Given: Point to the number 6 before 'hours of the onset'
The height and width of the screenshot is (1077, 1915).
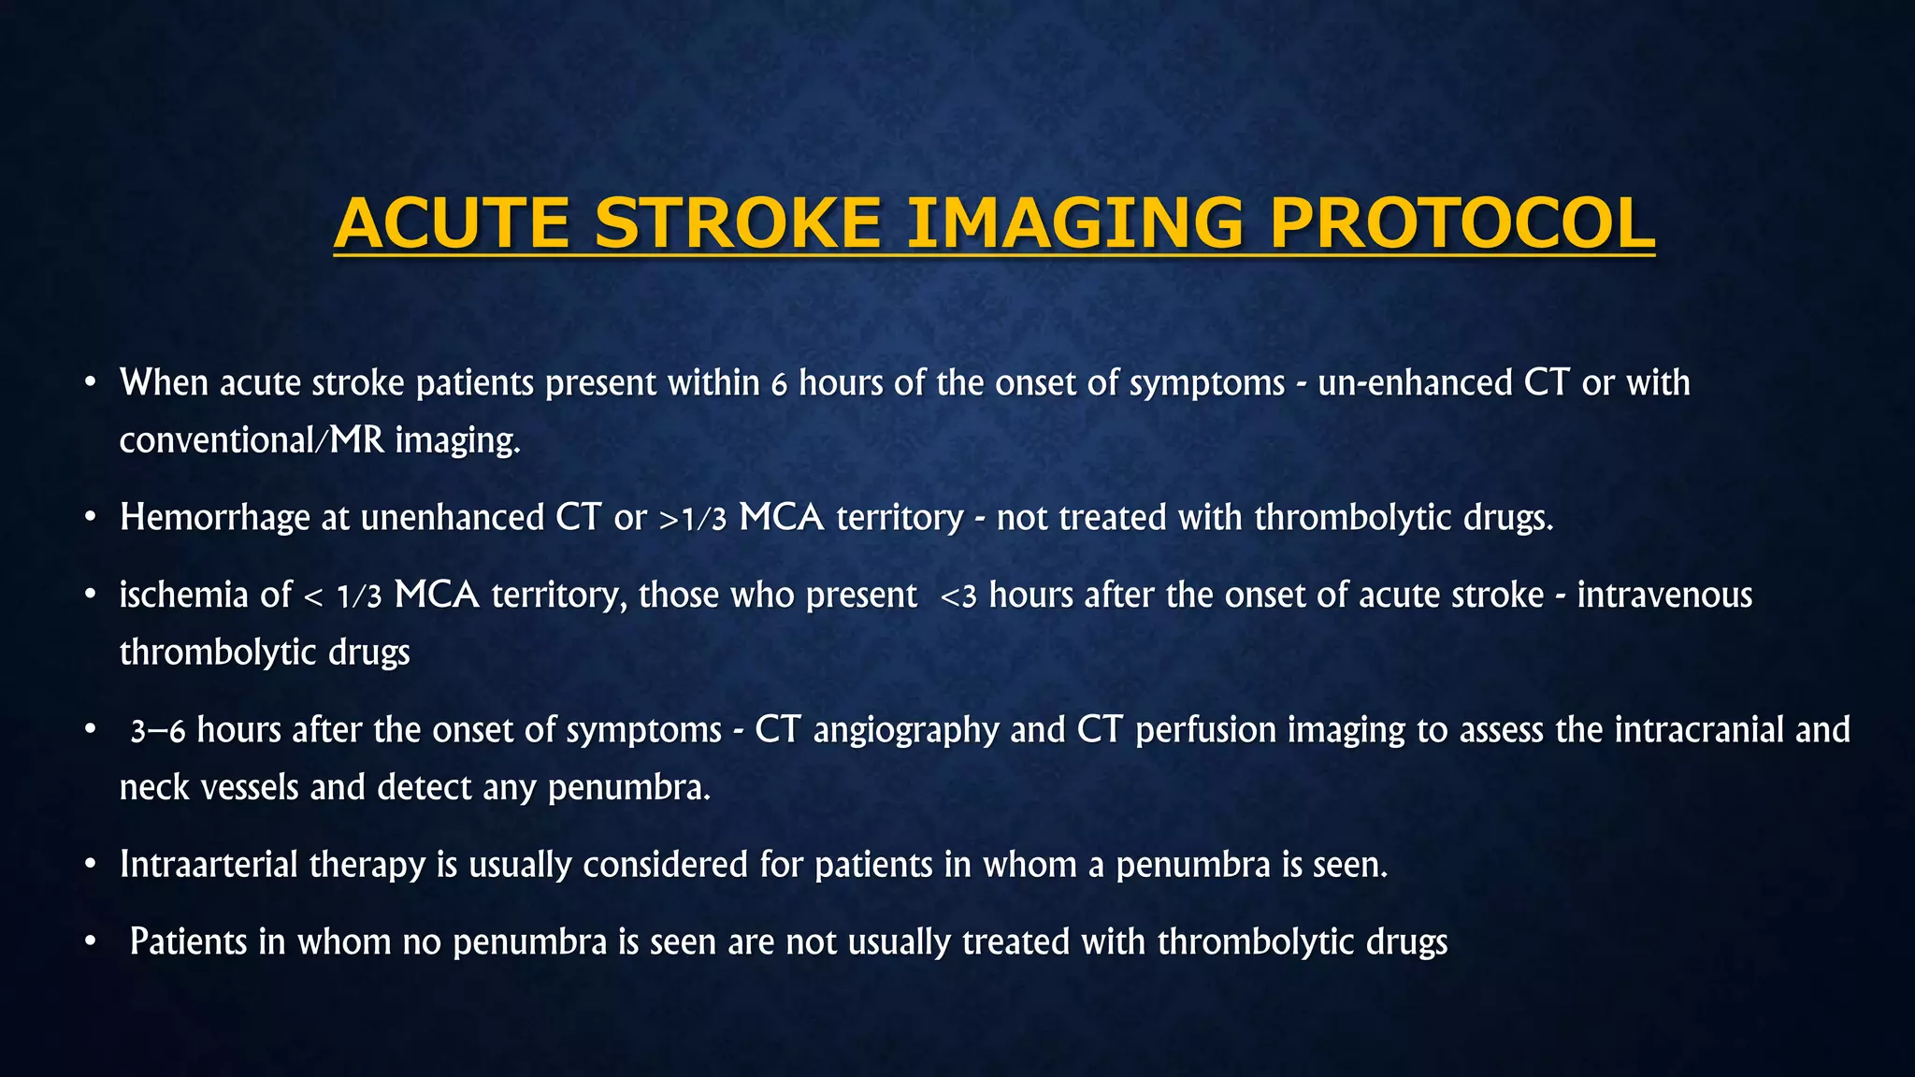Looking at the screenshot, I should click(779, 385).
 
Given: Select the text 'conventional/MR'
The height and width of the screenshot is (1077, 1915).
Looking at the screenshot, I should click(252, 440).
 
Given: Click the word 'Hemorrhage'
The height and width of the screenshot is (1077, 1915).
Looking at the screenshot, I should click(214, 518).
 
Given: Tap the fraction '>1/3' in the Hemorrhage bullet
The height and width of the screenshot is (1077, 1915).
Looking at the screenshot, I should click(693, 519).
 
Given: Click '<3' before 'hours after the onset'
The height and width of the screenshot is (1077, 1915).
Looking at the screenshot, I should click(958, 596).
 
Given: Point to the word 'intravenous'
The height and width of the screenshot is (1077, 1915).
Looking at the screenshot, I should click(1664, 596).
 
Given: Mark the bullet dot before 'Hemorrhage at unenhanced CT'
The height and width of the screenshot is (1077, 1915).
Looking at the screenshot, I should click(90, 517).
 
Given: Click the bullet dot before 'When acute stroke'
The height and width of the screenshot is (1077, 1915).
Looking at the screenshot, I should click(90, 382).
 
